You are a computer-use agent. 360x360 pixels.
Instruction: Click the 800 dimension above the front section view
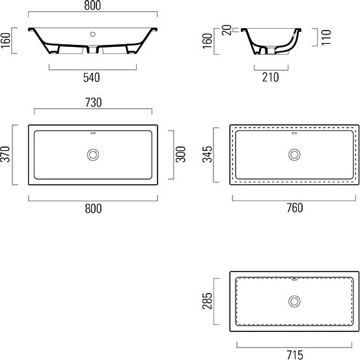click(92, 5)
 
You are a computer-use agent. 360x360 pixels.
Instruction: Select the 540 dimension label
click(91, 77)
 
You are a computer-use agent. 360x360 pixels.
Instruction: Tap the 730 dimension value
click(93, 102)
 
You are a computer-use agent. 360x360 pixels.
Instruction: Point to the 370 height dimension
click(5, 154)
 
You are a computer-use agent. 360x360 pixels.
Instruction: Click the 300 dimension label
click(180, 154)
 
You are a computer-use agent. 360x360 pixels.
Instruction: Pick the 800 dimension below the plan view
click(93, 208)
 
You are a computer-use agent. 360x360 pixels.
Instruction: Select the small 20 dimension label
click(227, 30)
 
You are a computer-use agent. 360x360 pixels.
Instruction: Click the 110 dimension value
click(326, 37)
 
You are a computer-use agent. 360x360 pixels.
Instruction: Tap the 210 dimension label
click(270, 77)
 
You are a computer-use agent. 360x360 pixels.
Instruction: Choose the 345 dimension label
click(207, 154)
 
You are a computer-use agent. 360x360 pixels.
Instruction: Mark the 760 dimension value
click(295, 208)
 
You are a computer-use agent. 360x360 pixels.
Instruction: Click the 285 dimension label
click(207, 301)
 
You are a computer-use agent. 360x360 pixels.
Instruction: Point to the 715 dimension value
click(295, 355)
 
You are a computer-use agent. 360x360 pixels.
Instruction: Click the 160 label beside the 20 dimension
click(207, 40)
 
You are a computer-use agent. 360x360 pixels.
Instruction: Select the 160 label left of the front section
click(5, 40)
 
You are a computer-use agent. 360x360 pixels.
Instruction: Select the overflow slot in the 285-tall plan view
click(294, 279)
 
